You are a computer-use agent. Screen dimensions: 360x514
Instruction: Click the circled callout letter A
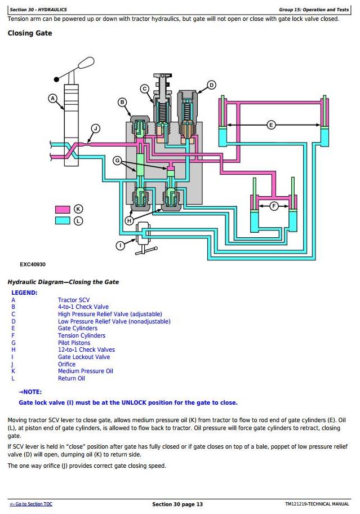point(53,98)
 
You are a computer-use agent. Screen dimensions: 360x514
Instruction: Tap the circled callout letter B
point(122,102)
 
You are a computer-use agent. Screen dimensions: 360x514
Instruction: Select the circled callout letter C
point(145,88)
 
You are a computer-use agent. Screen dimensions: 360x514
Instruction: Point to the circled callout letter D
point(212,85)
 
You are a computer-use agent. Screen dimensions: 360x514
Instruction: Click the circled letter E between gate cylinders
point(271,125)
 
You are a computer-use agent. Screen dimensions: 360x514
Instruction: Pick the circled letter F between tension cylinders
point(274,206)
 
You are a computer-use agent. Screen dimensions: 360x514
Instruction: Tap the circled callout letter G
point(117,161)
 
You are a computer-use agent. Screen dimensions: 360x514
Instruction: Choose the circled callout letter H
point(130,220)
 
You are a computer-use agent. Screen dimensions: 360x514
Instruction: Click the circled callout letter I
point(121,246)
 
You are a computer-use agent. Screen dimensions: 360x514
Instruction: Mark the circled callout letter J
point(95,128)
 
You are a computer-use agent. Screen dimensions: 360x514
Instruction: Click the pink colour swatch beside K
point(63,210)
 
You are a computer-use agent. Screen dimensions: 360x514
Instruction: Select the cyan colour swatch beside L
point(63,220)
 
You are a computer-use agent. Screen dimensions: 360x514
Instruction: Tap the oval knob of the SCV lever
point(86,63)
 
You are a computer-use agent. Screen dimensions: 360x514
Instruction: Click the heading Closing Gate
point(30,33)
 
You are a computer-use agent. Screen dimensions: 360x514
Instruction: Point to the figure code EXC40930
point(33,264)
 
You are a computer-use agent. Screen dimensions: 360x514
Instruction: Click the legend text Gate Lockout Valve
point(84,357)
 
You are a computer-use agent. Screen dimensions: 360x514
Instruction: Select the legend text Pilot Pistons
point(74,343)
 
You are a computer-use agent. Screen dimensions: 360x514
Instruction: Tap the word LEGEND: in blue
point(25,293)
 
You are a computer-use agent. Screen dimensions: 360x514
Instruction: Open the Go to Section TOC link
point(31,504)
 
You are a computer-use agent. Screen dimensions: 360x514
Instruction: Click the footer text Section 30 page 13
point(177,504)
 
